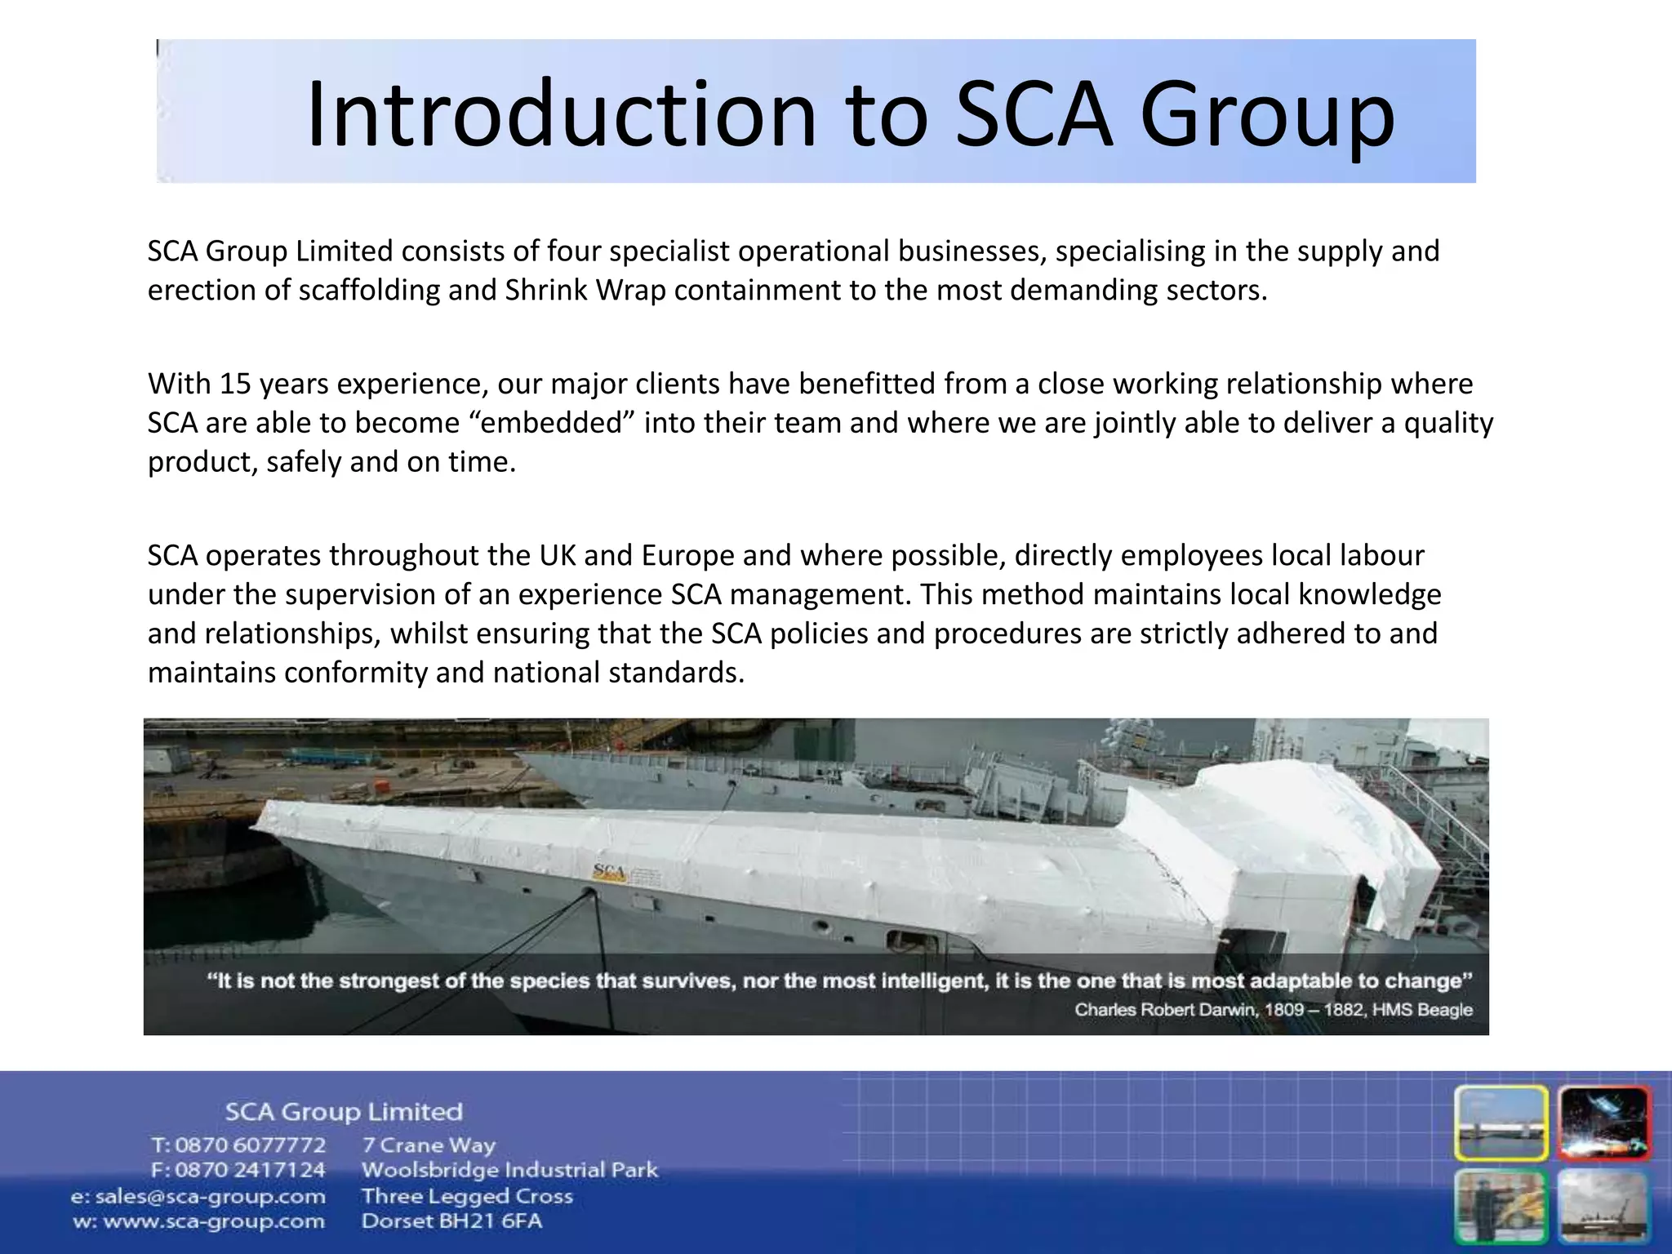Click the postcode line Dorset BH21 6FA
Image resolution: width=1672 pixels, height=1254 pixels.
451,1222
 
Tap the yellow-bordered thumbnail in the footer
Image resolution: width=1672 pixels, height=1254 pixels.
1501,1123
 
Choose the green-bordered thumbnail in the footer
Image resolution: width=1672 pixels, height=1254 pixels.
1501,1207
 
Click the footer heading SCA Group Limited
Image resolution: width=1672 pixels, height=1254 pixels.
344,1112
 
